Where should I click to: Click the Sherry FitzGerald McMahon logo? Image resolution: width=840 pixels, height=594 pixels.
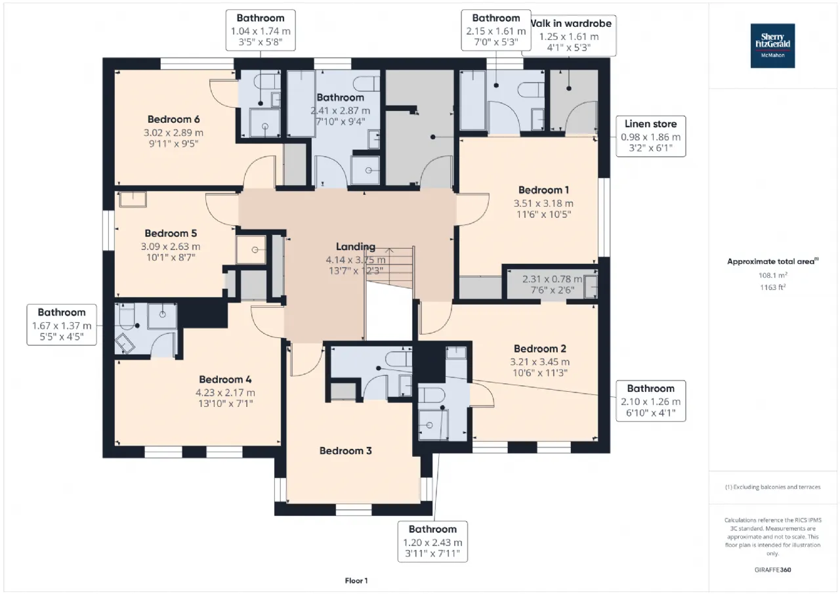772,46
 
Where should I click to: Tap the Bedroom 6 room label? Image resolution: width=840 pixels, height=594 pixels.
173,119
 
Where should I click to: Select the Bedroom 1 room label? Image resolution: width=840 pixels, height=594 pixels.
543,190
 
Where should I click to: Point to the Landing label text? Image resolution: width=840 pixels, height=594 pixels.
356,247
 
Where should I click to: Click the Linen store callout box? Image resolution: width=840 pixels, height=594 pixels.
650,137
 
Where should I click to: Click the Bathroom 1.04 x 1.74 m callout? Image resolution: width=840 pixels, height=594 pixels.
261,30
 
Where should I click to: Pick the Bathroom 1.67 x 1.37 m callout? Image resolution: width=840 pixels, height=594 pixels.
62,325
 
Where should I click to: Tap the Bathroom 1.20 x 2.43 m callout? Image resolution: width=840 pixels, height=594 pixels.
432,541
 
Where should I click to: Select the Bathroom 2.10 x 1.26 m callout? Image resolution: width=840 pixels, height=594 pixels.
650,400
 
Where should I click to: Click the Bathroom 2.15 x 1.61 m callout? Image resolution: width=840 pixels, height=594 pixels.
495,30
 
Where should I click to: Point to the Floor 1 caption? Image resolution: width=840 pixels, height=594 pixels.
356,581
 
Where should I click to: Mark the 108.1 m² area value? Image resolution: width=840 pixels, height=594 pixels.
772,276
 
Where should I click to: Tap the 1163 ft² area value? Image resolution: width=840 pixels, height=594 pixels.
772,287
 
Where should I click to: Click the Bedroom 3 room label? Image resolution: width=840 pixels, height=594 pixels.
346,451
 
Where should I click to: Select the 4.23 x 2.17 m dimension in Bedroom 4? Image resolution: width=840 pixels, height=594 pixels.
226,392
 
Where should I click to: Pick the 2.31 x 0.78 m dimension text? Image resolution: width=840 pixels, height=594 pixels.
552,279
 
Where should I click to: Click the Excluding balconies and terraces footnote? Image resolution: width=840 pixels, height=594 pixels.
772,487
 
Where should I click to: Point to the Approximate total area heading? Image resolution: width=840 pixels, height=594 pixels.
772,261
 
